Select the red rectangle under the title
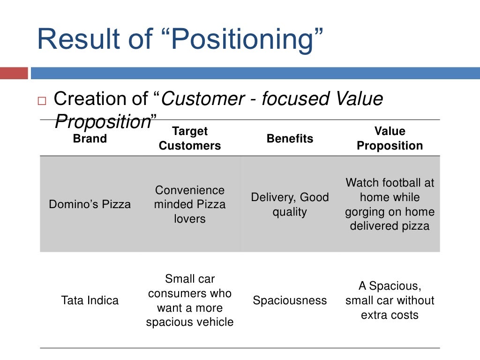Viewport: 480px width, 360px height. (14, 74)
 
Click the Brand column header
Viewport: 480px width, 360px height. (90, 139)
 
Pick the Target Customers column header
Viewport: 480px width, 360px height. (190, 139)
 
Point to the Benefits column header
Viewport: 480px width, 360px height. (290, 139)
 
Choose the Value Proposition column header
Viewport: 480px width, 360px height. (390, 139)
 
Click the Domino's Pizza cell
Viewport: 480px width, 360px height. (90, 204)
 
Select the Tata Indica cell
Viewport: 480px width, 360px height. (90, 300)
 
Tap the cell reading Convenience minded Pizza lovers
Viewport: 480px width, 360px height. (190, 204)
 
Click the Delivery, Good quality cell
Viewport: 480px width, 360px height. (290, 204)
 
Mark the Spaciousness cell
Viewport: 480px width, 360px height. (290, 300)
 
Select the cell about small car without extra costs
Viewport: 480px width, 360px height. (390, 300)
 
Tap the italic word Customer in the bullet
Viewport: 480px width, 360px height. (203, 99)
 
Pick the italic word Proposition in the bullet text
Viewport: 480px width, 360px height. (102, 122)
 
